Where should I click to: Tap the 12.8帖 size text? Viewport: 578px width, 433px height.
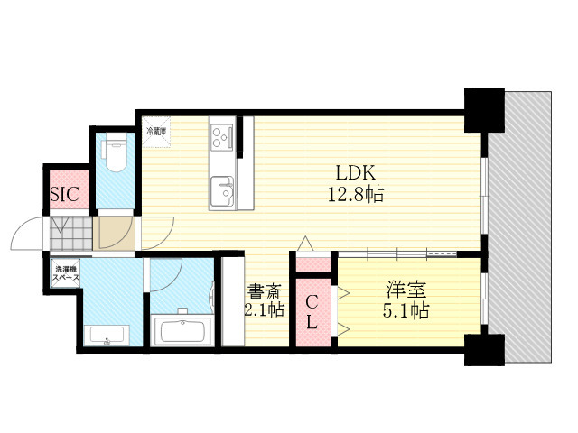pos(355,194)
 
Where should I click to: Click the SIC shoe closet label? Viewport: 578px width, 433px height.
pos(63,194)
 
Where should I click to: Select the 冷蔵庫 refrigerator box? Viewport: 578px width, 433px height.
pos(156,131)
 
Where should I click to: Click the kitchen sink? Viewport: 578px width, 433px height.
pos(222,191)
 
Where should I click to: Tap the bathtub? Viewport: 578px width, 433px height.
pos(183,330)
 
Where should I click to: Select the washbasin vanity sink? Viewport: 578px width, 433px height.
pos(107,337)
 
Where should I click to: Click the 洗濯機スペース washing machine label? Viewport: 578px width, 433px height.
pos(65,273)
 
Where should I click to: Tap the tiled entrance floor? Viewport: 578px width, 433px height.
pos(71,235)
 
